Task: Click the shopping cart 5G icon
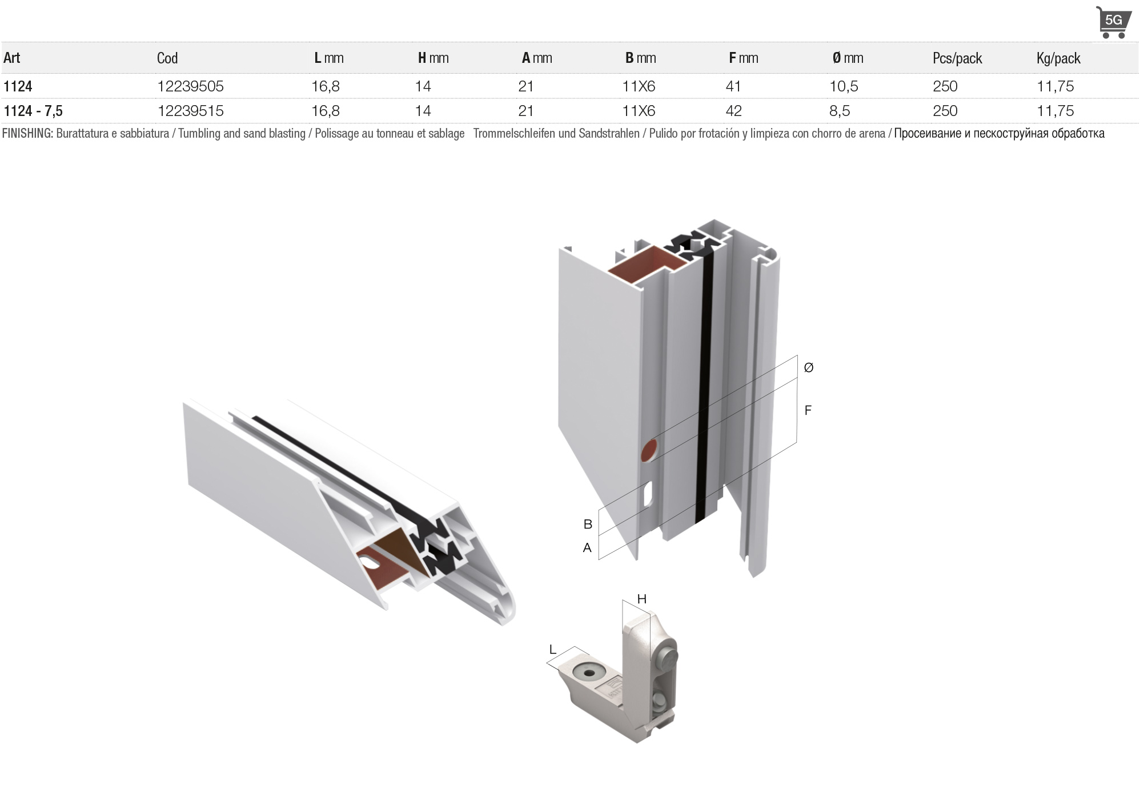point(1113,22)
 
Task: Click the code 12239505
point(190,86)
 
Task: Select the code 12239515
point(190,111)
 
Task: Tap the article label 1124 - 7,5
point(33,111)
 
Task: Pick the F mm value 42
point(733,111)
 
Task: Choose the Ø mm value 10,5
point(844,86)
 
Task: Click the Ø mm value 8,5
point(840,111)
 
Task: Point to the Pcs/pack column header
point(957,58)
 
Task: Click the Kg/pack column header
point(1058,58)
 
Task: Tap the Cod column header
point(167,58)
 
